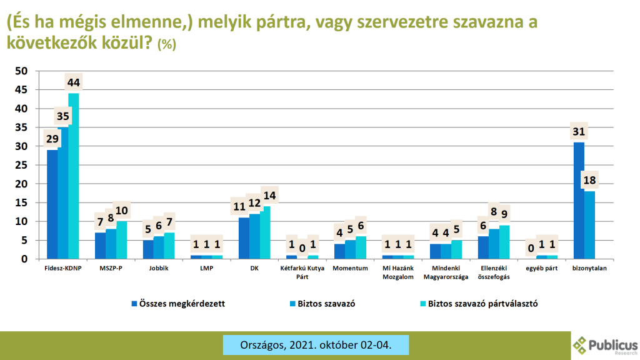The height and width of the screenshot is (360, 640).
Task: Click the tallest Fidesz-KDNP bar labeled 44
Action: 74,176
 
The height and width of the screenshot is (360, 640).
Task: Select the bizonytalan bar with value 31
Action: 579,201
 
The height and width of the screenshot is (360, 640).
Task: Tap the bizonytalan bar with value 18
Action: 589,225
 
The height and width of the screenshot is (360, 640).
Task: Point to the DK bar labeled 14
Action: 265,232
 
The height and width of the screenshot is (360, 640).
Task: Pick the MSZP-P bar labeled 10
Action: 122,240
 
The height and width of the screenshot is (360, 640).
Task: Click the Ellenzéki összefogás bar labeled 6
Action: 483,247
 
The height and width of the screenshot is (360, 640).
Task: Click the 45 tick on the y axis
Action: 21,90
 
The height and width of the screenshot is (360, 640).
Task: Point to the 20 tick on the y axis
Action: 21,184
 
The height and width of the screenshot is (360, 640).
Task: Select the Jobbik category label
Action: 159,268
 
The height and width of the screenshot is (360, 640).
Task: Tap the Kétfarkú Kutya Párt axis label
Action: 302,272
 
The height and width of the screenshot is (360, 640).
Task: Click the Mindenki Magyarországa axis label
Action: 446,272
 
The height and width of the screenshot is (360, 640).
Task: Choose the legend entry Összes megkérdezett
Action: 178,304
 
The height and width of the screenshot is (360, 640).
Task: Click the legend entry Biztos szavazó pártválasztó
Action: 479,304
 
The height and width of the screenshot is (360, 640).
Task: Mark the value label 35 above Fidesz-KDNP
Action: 63,116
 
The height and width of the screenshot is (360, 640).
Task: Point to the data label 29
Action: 52,139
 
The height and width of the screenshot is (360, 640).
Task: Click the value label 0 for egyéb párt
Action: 531,248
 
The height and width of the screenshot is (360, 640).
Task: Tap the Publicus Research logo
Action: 605,346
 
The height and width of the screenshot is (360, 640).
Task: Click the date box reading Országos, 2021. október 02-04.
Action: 316,345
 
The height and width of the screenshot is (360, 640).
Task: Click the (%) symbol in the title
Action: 166,44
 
